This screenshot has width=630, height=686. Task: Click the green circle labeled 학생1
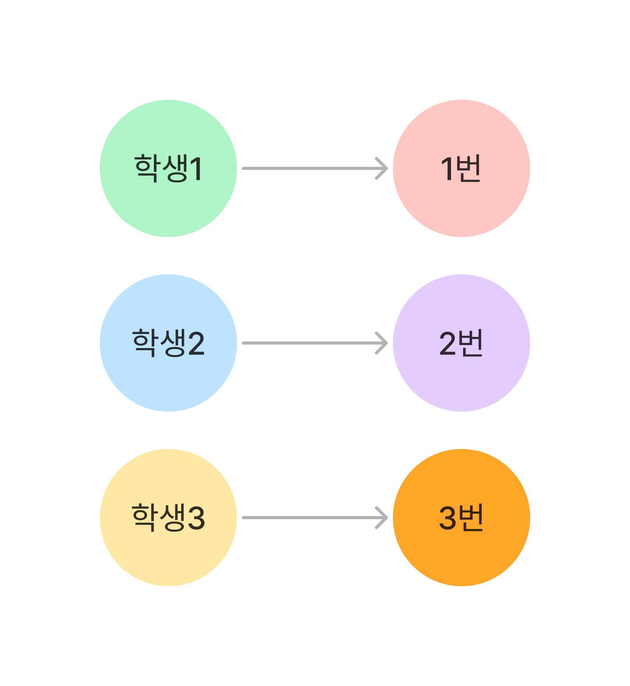click(168, 168)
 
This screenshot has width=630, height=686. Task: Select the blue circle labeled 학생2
click(168, 343)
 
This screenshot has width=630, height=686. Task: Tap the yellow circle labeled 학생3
click(168, 518)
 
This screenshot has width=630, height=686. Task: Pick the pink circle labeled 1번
click(462, 168)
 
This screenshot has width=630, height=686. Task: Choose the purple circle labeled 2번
click(462, 343)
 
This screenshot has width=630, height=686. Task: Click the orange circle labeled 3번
click(462, 518)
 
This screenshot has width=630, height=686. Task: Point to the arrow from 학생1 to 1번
click(315, 168)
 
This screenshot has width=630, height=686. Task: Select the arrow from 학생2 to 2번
click(315, 343)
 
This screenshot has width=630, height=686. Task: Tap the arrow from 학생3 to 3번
click(315, 518)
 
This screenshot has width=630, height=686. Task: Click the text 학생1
click(168, 168)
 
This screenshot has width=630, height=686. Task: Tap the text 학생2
click(168, 343)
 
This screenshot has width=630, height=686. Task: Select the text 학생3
click(168, 518)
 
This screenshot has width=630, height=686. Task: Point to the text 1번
click(461, 168)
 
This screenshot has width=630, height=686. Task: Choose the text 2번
click(461, 343)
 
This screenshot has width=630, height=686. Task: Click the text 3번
click(461, 518)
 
